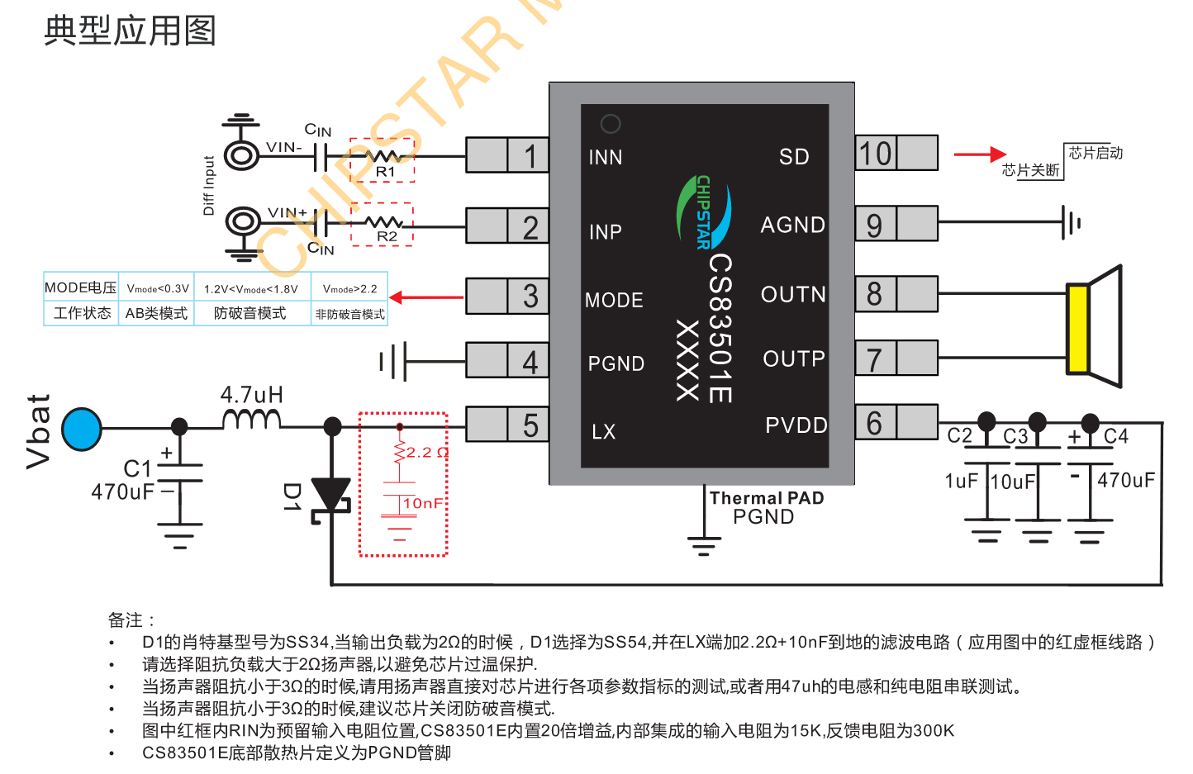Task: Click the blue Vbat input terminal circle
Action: click(x=82, y=429)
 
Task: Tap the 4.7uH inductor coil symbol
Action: click(x=252, y=419)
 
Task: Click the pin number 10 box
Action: click(x=876, y=154)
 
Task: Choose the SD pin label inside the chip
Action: click(x=794, y=156)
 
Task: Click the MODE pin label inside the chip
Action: click(x=614, y=300)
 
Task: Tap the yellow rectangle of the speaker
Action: click(x=1077, y=329)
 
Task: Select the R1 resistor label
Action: click(x=385, y=172)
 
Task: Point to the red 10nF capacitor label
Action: click(x=423, y=503)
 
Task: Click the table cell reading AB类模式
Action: click(x=157, y=313)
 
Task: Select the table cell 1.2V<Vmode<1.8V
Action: click(x=251, y=288)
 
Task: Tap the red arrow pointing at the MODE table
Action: click(x=426, y=297)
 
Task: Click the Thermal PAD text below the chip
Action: click(x=767, y=498)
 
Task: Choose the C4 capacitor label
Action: click(x=1116, y=436)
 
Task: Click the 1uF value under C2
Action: click(x=962, y=481)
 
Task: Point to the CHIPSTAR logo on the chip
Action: click(x=704, y=211)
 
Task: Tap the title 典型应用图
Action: click(x=130, y=31)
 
